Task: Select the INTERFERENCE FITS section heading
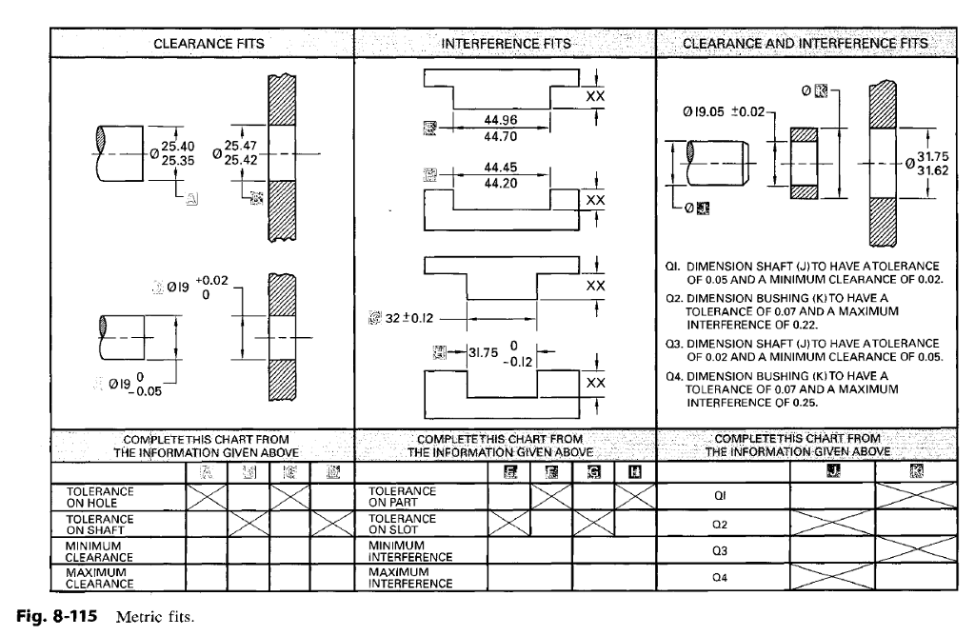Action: (x=506, y=44)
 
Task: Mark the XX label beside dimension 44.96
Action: (x=595, y=96)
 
